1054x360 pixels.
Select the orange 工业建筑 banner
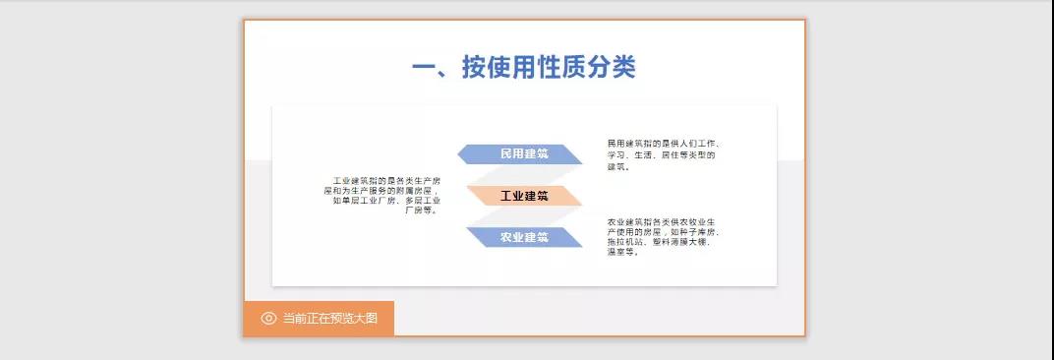(523, 196)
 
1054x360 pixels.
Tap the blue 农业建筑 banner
(523, 237)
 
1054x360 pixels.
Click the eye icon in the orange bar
(268, 319)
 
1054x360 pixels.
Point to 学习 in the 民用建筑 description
(616, 155)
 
